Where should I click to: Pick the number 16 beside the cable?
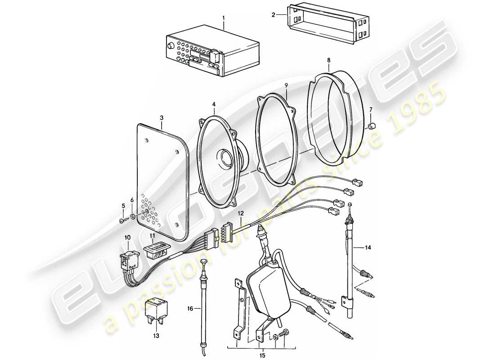tap(190, 308)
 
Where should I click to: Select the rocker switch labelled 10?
tap(129, 260)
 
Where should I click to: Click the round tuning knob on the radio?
tap(171, 46)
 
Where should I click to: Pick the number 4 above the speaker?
tap(214, 104)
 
